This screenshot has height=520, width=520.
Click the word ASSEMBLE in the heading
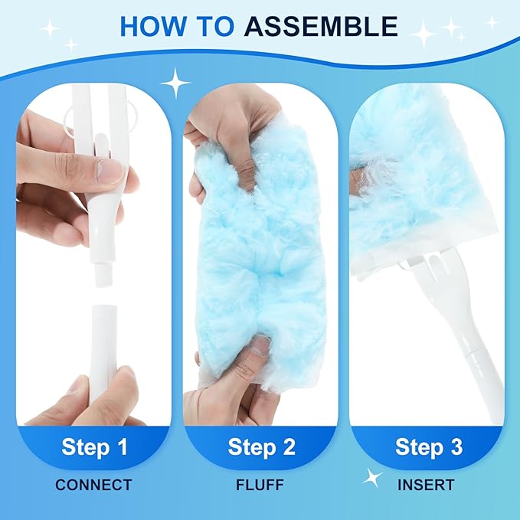321,26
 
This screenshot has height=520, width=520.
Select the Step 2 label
260,446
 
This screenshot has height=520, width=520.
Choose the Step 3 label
429,446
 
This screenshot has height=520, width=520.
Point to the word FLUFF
260,485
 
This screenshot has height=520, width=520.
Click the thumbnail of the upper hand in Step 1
110,170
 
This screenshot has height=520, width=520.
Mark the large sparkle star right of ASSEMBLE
423,33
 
